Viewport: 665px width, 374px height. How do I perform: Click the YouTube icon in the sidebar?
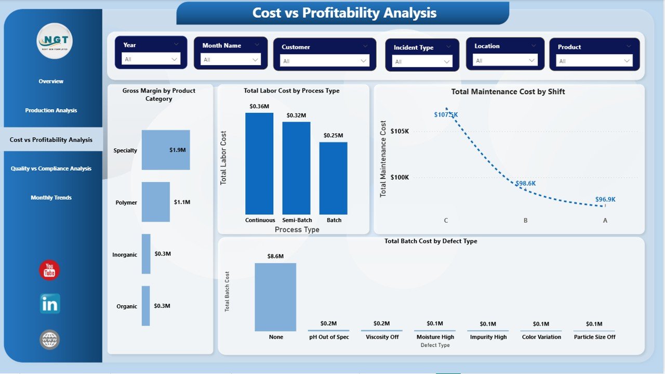[x=49, y=270]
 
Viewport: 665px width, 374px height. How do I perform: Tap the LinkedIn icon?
[x=50, y=304]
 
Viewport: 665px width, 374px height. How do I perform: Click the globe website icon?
[x=50, y=340]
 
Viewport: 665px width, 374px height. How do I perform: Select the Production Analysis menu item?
[x=51, y=110]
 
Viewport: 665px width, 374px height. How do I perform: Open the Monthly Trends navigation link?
[x=51, y=198]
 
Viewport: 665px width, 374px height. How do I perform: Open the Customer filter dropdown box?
[x=325, y=61]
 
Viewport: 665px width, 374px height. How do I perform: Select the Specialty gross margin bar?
[x=166, y=150]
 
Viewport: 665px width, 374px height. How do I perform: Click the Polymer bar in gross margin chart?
[x=156, y=202]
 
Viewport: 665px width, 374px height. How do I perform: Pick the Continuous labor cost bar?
[x=259, y=163]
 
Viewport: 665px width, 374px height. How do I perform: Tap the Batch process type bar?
[x=334, y=178]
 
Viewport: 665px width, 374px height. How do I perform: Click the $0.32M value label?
[x=296, y=115]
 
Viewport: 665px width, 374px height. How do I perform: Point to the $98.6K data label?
[x=525, y=184]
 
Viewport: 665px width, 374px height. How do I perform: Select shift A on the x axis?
[x=605, y=221]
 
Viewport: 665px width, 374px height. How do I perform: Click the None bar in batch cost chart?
[x=275, y=297]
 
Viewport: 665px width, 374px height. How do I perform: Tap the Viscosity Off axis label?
[x=381, y=337]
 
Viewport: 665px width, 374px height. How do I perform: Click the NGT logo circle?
[x=55, y=41]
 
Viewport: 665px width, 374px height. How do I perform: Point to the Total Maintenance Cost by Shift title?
[x=508, y=92]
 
